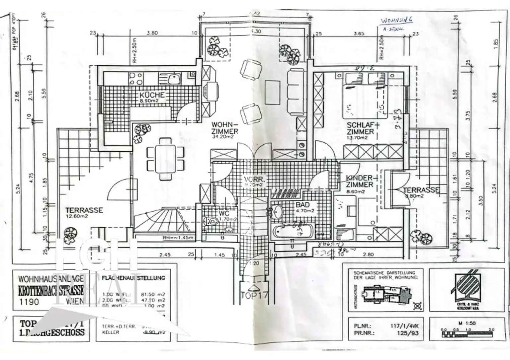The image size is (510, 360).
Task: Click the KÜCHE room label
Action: click(x=152, y=95)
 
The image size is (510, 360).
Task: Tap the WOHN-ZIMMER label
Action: click(x=225, y=128)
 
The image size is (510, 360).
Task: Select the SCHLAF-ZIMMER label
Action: click(x=360, y=128)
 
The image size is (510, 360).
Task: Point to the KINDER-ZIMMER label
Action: click(x=360, y=181)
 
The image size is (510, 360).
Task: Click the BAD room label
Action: click(x=302, y=205)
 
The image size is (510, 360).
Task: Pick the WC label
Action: click(x=224, y=213)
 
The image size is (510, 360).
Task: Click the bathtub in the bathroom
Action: click(x=292, y=231)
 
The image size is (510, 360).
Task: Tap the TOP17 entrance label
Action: click(x=254, y=295)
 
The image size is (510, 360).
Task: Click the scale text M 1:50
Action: click(x=467, y=323)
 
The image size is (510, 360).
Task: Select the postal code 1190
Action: click(x=29, y=302)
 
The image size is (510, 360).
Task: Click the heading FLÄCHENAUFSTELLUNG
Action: click(x=133, y=278)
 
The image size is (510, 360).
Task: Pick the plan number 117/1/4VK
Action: click(x=404, y=326)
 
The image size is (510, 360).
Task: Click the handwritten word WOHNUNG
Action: click(x=397, y=20)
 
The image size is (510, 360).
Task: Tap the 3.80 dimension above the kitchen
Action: click(x=152, y=33)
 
